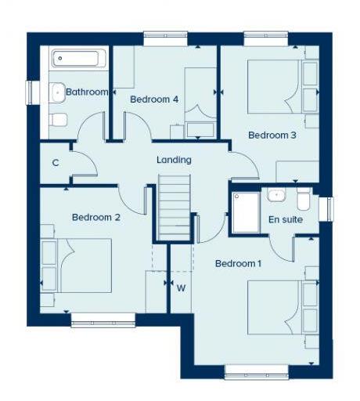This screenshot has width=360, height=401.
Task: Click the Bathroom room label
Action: (86, 92)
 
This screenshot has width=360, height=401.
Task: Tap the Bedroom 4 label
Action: (154, 99)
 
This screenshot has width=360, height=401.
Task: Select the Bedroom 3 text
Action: (272, 135)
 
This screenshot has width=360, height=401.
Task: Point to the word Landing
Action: (174, 160)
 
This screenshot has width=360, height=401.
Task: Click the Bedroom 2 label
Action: (95, 217)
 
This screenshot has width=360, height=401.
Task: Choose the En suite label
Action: (286, 220)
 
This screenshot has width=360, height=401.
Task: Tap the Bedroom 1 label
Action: (238, 263)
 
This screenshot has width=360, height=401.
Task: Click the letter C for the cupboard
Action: (56, 163)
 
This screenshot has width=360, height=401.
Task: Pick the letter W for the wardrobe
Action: (181, 287)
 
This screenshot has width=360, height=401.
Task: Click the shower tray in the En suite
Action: (245, 212)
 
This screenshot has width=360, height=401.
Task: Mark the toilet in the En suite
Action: (307, 200)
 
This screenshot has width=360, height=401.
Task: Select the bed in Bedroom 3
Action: (273, 87)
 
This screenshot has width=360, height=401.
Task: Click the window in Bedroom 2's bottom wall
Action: (103, 319)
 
